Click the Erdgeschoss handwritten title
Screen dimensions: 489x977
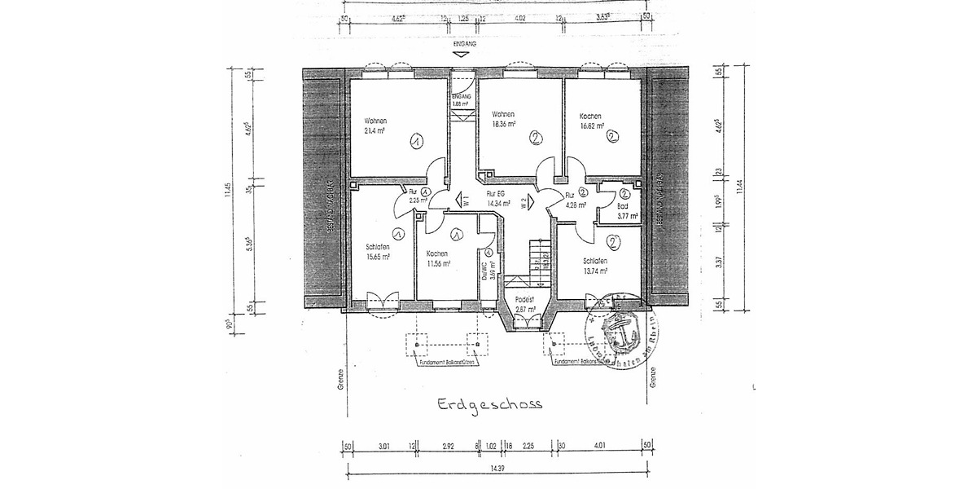[x=489, y=404]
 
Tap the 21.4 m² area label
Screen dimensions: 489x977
[x=375, y=130]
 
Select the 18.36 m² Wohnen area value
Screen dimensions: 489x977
[x=506, y=126]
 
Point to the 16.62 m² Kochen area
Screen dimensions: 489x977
[x=591, y=126]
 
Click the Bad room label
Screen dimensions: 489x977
[x=623, y=206]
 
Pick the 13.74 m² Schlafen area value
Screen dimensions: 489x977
[x=596, y=271]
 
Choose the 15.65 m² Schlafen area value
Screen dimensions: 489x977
[x=378, y=256]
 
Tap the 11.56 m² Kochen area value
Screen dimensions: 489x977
[x=438, y=263]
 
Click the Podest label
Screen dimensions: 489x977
[x=525, y=300]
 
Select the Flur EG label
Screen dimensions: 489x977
[x=496, y=194]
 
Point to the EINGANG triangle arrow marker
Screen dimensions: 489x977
[x=462, y=55]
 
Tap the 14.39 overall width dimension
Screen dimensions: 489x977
[x=494, y=469]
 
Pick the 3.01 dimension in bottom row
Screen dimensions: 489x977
[x=385, y=446]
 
